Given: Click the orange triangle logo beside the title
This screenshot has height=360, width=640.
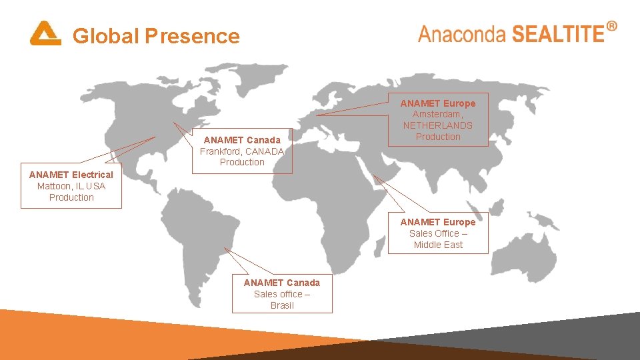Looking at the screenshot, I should (45, 34).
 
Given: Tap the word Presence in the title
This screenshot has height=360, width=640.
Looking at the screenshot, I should (192, 35).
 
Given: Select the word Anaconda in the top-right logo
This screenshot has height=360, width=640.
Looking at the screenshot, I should (461, 34).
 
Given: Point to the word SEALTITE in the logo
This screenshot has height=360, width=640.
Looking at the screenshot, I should (557, 34).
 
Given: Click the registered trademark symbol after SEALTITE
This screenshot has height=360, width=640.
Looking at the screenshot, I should (611, 26).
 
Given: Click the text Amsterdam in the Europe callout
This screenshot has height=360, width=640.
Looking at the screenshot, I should (437, 114).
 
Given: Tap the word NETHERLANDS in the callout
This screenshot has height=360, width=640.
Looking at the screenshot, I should (438, 125).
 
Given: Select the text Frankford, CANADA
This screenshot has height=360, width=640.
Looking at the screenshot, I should (242, 151).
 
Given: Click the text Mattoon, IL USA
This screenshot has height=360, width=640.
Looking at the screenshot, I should (71, 186).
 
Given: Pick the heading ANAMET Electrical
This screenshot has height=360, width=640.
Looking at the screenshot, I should (71, 175).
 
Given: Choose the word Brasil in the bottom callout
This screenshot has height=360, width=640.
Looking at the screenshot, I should (282, 305).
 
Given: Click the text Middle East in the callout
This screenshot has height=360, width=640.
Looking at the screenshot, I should (438, 245).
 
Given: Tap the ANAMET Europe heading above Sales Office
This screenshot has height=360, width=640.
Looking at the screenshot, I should (438, 222).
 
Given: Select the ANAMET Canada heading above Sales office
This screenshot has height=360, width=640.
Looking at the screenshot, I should (282, 283).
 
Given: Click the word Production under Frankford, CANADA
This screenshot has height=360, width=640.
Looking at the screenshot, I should (242, 162).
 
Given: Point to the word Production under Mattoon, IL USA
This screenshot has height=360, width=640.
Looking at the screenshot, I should (71, 197).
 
